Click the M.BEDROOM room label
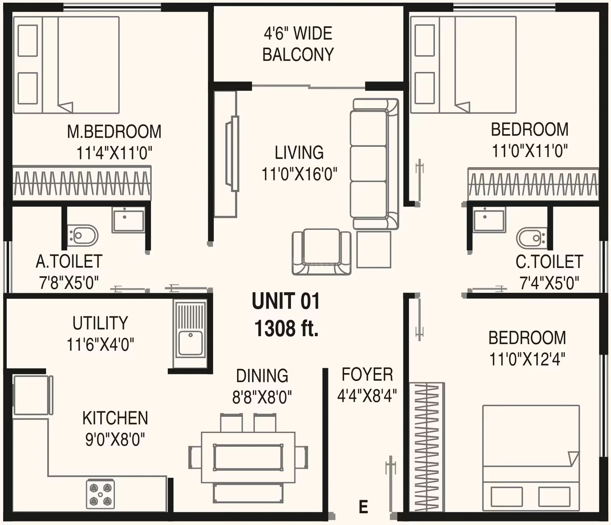[114, 132]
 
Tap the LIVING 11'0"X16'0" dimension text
[300, 174]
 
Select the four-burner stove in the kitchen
[100, 494]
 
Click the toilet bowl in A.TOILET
[83, 236]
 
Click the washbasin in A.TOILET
[128, 219]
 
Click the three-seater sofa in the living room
[374, 164]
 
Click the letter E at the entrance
[363, 507]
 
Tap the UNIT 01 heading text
[286, 301]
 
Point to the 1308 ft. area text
[286, 328]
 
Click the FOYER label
[367, 374]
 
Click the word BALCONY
[298, 54]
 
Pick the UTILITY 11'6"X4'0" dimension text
[101, 345]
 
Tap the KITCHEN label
[115, 418]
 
